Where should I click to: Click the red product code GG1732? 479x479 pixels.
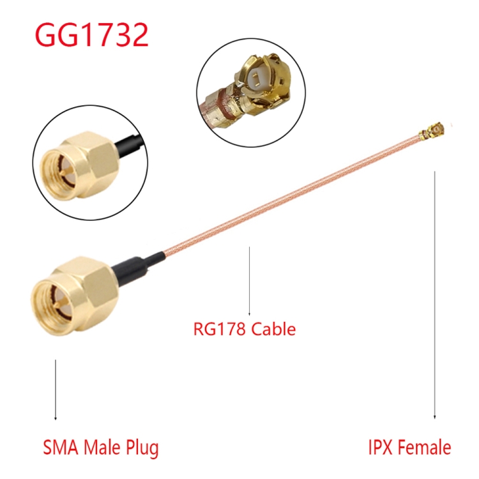(92, 34)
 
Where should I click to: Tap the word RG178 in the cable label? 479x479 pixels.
(219, 329)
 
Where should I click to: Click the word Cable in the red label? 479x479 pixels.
(273, 329)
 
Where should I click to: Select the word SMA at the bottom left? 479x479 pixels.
(61, 448)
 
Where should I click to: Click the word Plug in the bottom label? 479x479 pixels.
(142, 449)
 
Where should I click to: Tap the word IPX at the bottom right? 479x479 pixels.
(381, 448)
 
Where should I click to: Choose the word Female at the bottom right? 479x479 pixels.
(425, 448)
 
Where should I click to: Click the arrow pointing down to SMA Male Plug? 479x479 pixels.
(56, 390)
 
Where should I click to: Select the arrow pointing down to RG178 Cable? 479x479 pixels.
(249, 281)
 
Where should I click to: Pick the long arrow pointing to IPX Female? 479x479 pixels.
(434, 295)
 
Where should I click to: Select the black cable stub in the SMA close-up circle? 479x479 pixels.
(128, 146)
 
